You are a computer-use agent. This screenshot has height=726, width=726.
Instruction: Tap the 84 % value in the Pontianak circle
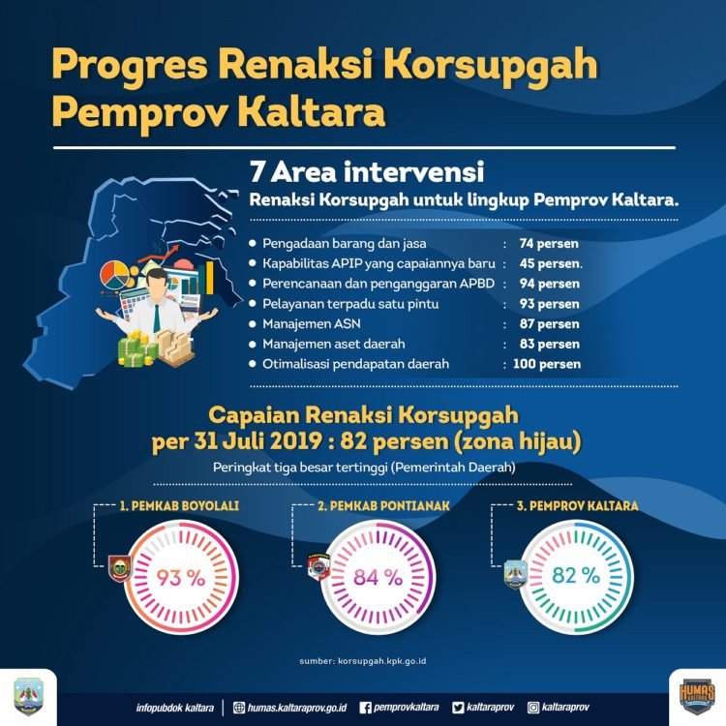point(378,578)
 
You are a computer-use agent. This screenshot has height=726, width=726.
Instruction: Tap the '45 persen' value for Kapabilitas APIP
point(547,263)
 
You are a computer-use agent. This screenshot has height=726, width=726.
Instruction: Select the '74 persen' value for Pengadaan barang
point(545,243)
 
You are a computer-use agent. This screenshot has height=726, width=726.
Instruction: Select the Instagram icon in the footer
point(534,708)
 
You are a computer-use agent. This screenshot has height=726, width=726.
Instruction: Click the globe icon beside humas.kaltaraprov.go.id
point(239,708)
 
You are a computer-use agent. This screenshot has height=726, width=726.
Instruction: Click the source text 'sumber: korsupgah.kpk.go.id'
point(363,662)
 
